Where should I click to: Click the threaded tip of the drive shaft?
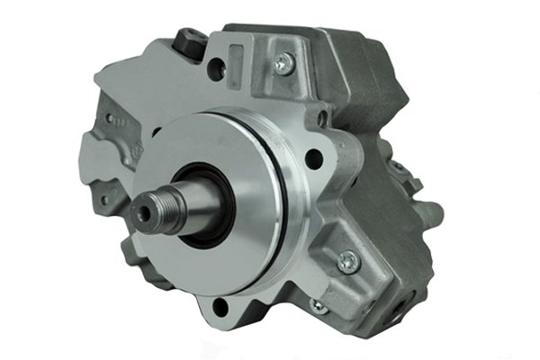point(148,209)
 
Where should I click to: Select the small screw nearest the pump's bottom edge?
point(317,305)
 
